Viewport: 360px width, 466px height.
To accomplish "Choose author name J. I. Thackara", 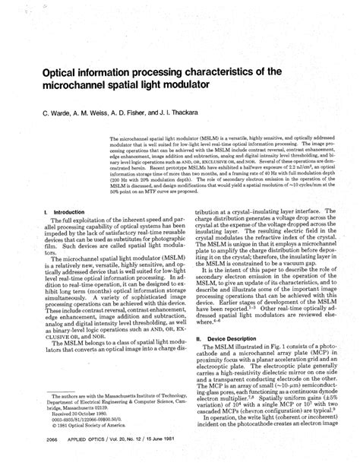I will [195, 111].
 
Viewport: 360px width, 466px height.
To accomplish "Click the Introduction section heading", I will [68, 212].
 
